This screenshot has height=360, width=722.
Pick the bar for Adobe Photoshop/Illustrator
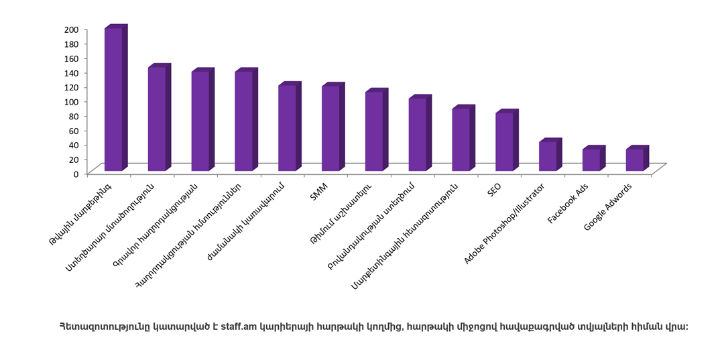[550, 154]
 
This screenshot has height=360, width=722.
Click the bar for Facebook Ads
[594, 158]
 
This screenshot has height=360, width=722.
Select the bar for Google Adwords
[638, 158]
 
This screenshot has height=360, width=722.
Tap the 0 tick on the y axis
[77, 174]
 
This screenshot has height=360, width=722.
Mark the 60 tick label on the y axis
[74, 130]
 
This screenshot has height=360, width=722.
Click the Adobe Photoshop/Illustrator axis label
[504, 224]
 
